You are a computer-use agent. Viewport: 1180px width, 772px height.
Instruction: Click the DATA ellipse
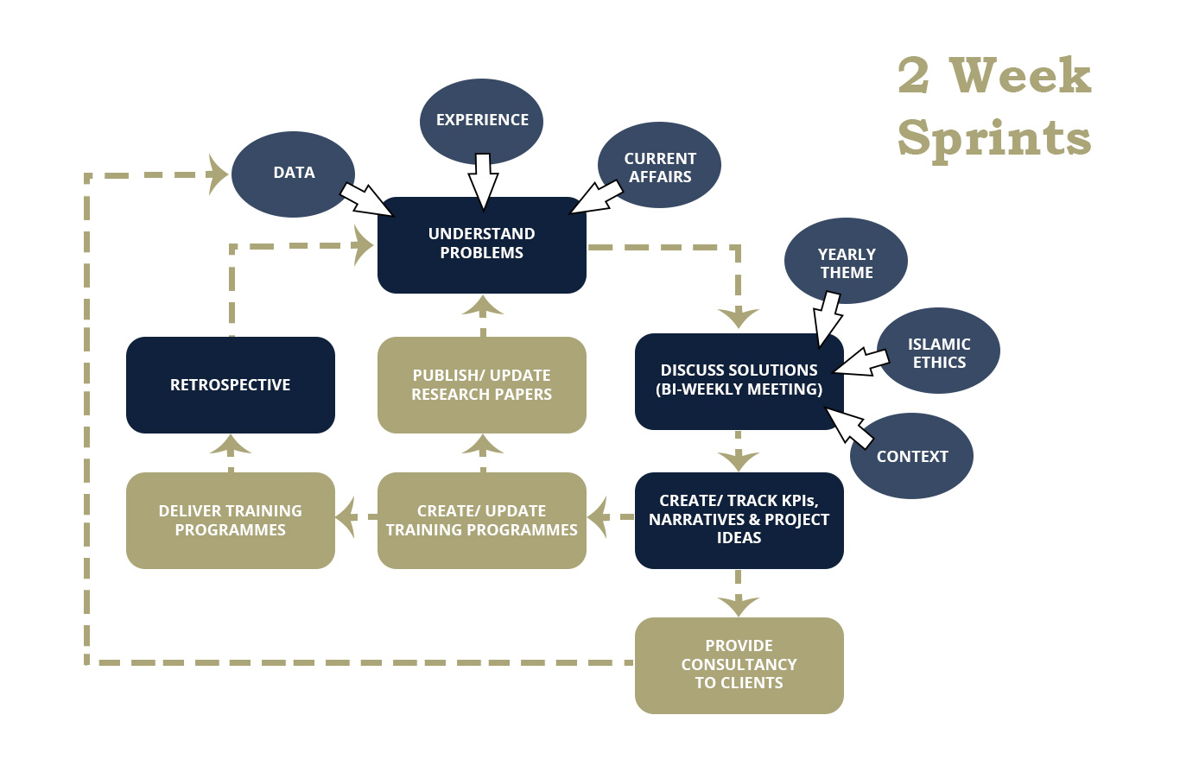pyautogui.click(x=294, y=173)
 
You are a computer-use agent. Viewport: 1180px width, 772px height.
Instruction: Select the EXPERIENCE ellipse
pyautogui.click(x=482, y=119)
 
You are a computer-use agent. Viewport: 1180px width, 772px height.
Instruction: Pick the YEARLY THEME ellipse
pyautogui.click(x=847, y=263)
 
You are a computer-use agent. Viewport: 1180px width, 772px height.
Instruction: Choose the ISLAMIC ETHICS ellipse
pyautogui.click(x=939, y=352)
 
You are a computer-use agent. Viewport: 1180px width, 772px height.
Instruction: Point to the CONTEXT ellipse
pyautogui.click(x=912, y=457)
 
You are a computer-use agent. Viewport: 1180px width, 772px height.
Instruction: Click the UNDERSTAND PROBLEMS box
pyautogui.click(x=482, y=244)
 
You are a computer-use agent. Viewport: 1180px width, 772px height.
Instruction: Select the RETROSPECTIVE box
pyautogui.click(x=231, y=385)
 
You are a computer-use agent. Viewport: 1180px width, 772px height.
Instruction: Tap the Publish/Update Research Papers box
pyautogui.click(x=482, y=385)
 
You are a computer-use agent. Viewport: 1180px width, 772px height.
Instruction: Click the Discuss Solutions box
pyautogui.click(x=739, y=380)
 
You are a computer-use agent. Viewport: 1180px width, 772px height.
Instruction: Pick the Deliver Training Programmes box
pyautogui.click(x=231, y=520)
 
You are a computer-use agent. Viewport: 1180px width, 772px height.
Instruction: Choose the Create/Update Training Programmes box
pyautogui.click(x=482, y=520)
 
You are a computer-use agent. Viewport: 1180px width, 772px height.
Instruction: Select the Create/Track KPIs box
pyautogui.click(x=739, y=520)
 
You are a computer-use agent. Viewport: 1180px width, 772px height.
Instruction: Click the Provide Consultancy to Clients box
pyautogui.click(x=739, y=665)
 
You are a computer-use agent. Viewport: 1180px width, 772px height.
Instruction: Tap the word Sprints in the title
pyautogui.click(x=994, y=138)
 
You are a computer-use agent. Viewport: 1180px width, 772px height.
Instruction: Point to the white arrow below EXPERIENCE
pyautogui.click(x=483, y=181)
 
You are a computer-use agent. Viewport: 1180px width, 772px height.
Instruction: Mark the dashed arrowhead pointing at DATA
pyautogui.click(x=218, y=174)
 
